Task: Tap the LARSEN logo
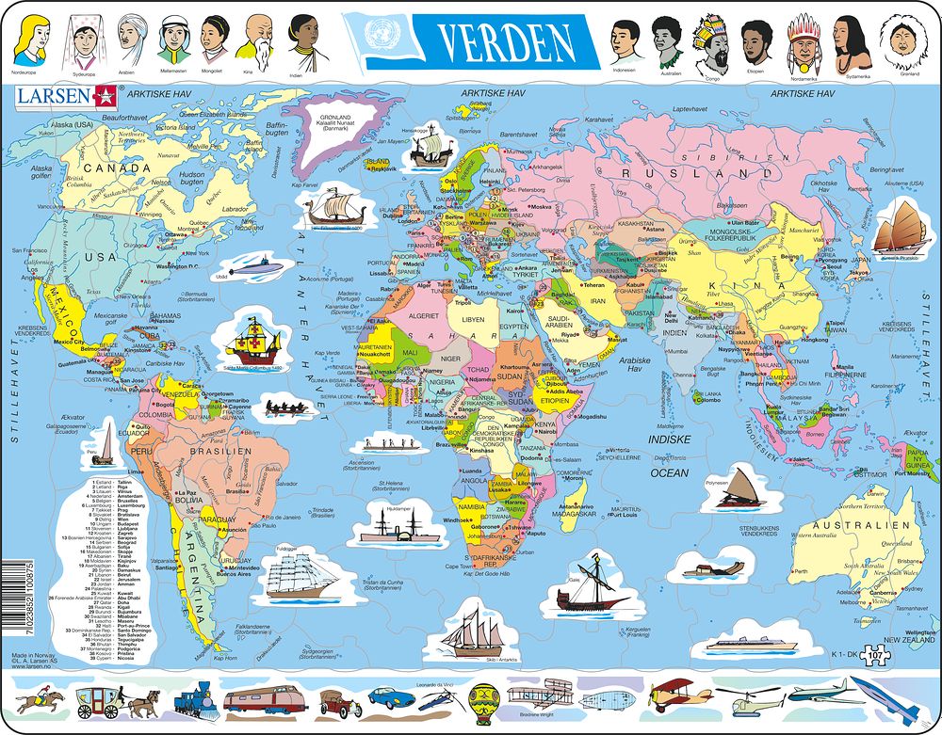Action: pos(54,95)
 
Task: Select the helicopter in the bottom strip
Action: pos(749,699)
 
